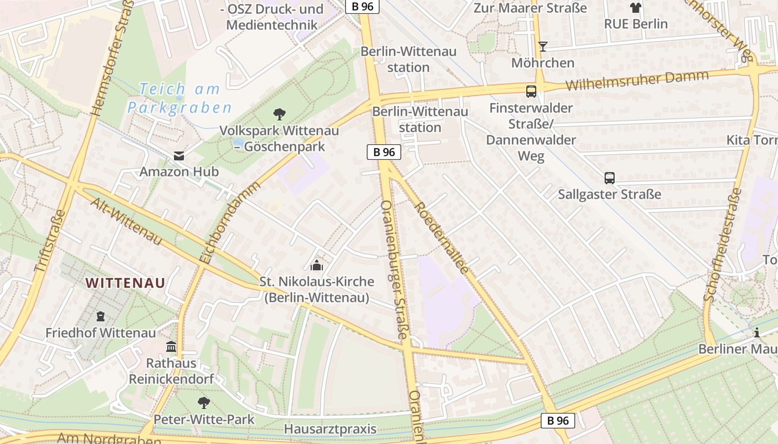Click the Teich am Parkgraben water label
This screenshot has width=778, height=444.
click(x=179, y=98)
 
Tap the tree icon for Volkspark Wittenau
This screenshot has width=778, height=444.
click(x=280, y=114)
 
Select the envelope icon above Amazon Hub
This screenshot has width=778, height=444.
click(x=179, y=156)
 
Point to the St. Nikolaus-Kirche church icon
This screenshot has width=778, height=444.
click(x=317, y=265)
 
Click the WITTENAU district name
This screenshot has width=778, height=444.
click(x=126, y=282)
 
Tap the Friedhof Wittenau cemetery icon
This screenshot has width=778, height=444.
click(x=101, y=316)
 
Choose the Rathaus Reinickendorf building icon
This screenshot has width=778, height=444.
click(x=171, y=347)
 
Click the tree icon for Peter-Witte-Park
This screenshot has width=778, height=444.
click(x=204, y=402)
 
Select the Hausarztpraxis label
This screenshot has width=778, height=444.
click(x=330, y=429)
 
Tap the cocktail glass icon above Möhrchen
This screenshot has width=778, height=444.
click(x=543, y=47)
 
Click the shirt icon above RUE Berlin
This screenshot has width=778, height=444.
click(x=636, y=8)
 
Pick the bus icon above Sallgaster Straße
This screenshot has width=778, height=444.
click(x=610, y=178)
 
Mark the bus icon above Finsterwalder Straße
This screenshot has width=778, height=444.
click(x=531, y=92)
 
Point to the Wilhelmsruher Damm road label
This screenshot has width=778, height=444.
click(x=637, y=80)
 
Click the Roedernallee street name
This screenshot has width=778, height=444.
click(x=442, y=236)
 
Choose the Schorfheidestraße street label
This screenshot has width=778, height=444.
click(x=722, y=244)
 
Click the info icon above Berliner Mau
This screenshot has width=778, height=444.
click(x=756, y=333)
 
